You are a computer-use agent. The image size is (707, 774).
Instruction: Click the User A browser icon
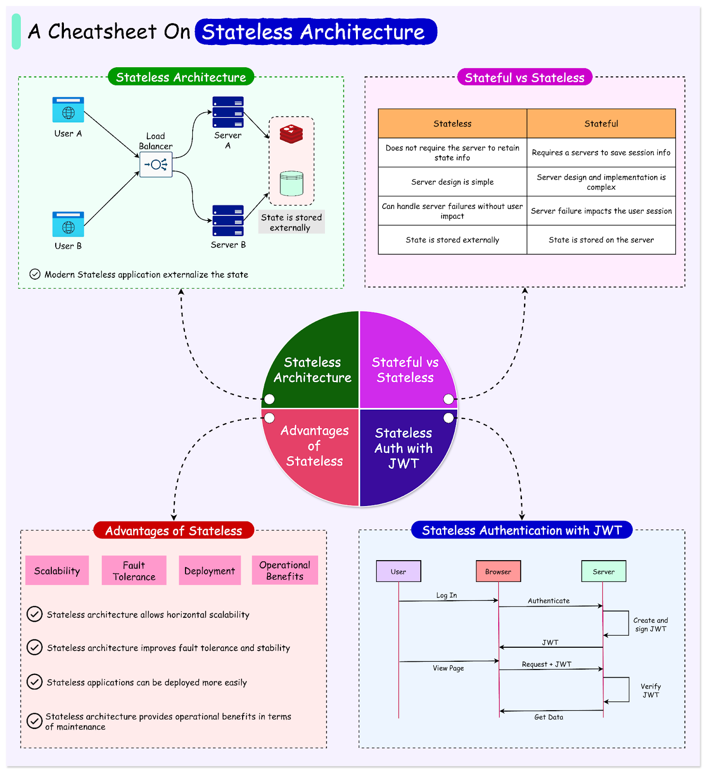click(x=68, y=110)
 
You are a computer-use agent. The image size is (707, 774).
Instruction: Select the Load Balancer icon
click(x=156, y=164)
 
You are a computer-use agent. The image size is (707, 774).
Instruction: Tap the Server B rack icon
click(x=228, y=221)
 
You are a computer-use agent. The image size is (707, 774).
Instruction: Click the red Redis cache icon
click(x=292, y=134)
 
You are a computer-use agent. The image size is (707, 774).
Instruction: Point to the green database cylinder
click(x=292, y=183)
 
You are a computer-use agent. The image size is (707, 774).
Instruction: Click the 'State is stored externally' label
click(x=291, y=223)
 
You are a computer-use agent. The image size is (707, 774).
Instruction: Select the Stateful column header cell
click(x=601, y=124)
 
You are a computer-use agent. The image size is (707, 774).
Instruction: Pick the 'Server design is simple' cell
click(x=452, y=182)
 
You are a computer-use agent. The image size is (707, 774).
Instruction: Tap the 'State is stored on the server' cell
click(x=601, y=240)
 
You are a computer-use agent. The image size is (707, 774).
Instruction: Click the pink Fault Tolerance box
click(x=134, y=571)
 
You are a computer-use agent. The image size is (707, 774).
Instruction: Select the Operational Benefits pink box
click(x=285, y=571)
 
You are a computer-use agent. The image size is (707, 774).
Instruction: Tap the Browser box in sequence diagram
click(x=498, y=571)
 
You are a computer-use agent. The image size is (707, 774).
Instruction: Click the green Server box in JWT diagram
click(x=603, y=571)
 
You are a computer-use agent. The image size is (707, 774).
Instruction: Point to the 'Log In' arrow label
click(x=446, y=595)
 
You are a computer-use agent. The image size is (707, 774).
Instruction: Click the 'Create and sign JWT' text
click(x=650, y=625)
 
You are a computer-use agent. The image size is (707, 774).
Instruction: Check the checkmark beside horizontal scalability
click(x=34, y=614)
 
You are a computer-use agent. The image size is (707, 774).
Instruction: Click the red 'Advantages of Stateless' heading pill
click(x=173, y=531)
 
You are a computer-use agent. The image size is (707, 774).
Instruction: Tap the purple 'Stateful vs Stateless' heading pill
click(x=524, y=77)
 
